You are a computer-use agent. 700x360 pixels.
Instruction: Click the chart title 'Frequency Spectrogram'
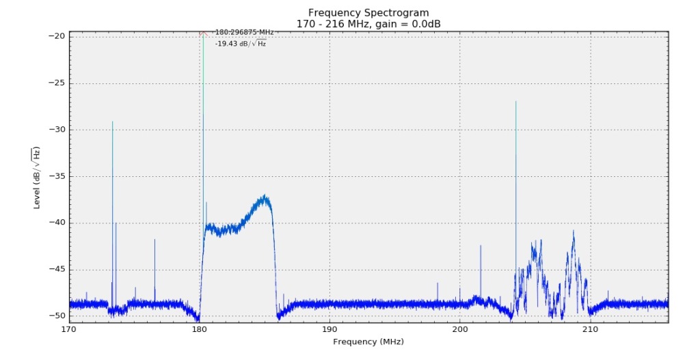368,13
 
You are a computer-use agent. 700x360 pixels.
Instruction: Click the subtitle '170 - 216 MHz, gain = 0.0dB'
368,24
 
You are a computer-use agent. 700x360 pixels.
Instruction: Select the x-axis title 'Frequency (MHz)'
368,341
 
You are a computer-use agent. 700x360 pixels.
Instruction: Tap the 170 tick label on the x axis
69,329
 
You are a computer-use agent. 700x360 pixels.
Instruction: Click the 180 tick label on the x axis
199,329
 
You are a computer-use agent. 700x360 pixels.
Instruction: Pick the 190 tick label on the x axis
329,329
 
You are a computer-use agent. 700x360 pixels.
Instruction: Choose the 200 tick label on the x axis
459,329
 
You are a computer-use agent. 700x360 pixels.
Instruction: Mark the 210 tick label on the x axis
590,329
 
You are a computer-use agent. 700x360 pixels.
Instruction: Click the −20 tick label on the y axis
57,36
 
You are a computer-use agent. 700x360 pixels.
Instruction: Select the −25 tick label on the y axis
57,83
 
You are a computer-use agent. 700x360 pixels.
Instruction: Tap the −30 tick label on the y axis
57,130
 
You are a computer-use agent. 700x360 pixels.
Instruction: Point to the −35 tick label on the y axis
57,176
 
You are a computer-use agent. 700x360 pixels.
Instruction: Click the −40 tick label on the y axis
57,223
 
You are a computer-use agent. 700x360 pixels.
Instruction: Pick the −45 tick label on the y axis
57,270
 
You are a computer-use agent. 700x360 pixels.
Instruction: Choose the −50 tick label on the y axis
57,316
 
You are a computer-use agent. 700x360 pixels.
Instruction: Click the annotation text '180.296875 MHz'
243,32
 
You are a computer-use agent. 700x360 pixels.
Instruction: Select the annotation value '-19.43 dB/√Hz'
241,44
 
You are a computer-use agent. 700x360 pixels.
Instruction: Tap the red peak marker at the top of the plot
203,33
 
